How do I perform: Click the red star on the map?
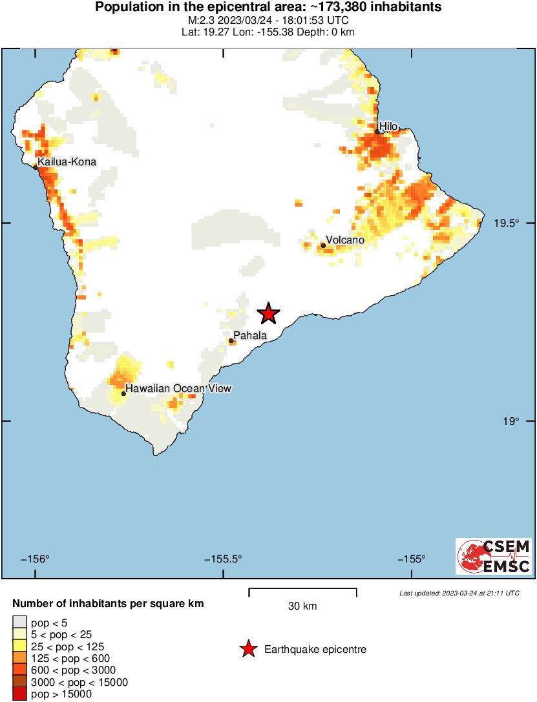click(268, 314)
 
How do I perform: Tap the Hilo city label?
click(388, 126)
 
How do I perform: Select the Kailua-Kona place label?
click(67, 161)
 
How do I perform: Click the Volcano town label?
click(345, 240)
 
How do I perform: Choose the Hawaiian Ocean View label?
click(178, 388)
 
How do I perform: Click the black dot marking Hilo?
click(377, 132)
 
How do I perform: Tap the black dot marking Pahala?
click(231, 340)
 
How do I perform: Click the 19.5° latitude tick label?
click(507, 223)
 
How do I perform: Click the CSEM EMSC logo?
click(494, 557)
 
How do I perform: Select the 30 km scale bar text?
click(302, 606)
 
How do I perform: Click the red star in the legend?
click(247, 649)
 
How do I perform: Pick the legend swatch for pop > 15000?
click(19, 694)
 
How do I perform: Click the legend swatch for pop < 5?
click(19, 623)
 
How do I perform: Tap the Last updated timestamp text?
click(459, 593)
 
